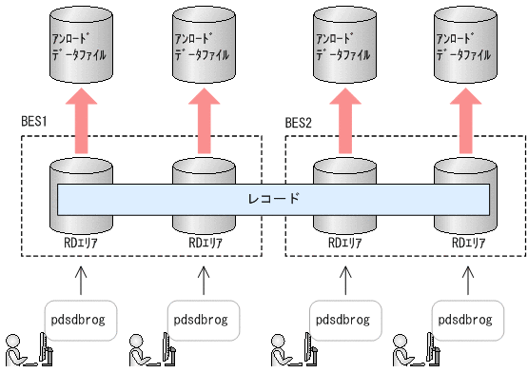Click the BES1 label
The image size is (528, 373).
pyautogui.click(x=34, y=123)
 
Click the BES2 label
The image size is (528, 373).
pyautogui.click(x=300, y=123)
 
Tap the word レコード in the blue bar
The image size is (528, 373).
pyautogui.click(x=274, y=199)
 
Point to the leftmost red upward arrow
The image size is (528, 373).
pyautogui.click(x=81, y=118)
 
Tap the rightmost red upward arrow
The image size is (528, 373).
pyautogui.click(x=463, y=118)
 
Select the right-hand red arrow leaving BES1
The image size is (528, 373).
pyautogui.click(x=203, y=118)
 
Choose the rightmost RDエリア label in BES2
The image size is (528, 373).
pyautogui.click(x=463, y=243)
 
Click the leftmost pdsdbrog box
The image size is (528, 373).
pyautogui.click(x=81, y=319)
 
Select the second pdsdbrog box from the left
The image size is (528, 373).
pyautogui.click(x=203, y=319)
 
